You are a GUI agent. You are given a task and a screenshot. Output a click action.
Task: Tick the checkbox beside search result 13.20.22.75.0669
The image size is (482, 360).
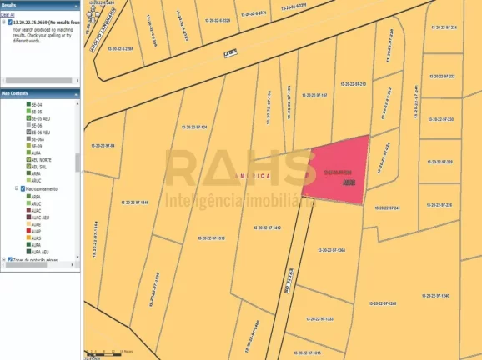tap(4, 22)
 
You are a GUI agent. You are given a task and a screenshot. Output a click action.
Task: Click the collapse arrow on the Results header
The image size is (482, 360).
tap(76, 4)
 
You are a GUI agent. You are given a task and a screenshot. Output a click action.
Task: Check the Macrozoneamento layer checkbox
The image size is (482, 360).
tap(22, 189)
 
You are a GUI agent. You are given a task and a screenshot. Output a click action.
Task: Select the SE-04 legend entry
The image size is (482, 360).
tap(36, 105)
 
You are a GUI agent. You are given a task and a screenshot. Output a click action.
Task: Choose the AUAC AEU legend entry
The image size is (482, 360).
tap(41, 217)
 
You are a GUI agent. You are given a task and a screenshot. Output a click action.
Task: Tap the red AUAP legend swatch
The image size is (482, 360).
tap(28, 230)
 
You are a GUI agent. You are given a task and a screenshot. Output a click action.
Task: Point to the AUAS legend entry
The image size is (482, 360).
tap(37, 237)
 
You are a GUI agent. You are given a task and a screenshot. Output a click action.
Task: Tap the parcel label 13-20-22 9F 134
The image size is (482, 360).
tap(193, 127)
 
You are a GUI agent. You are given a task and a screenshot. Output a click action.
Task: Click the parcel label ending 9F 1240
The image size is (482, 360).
tap(434, 296)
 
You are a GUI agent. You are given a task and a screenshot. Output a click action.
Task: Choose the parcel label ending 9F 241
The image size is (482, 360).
tap(386, 207)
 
